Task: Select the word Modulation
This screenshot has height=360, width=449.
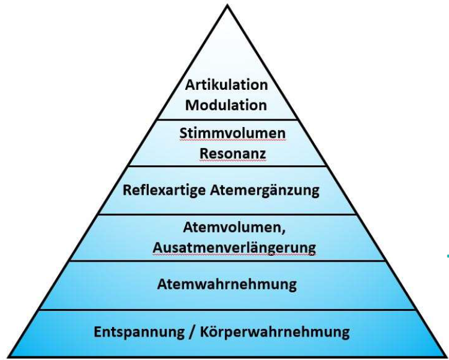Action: click(226, 105)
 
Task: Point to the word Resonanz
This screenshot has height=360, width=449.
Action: click(233, 153)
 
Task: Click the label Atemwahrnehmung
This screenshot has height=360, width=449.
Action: click(227, 284)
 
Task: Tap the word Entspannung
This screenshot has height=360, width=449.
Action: click(140, 331)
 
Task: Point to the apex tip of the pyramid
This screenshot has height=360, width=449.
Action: click(227, 6)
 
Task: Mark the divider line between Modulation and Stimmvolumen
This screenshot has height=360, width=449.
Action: click(226, 120)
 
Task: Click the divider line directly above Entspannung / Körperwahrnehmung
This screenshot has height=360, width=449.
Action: click(226, 310)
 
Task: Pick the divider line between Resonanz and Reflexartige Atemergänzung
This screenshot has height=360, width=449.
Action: click(226, 166)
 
